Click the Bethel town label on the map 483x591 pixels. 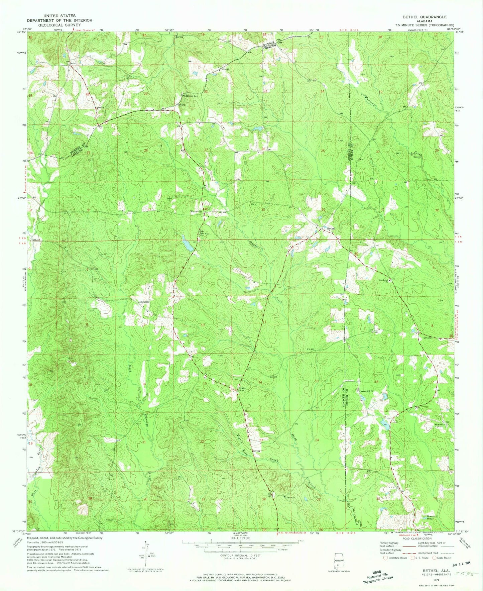pyautogui.click(x=331, y=228)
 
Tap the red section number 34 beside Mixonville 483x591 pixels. pyautogui.click(x=204, y=210)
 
